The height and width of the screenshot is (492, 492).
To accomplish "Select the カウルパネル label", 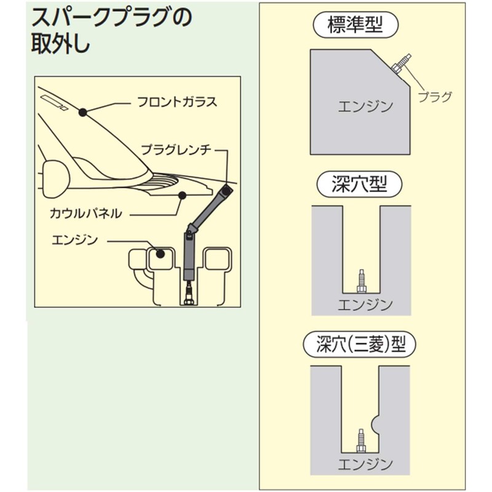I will [x=86, y=214].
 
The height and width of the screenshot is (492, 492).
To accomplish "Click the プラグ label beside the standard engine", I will [x=435, y=96].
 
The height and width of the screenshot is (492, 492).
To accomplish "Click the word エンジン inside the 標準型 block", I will [x=365, y=106].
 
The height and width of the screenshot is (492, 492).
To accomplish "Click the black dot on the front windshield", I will [x=82, y=111].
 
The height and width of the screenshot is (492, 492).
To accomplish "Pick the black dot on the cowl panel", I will [x=181, y=196].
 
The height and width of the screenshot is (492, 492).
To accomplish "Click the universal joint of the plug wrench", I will [x=191, y=231].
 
